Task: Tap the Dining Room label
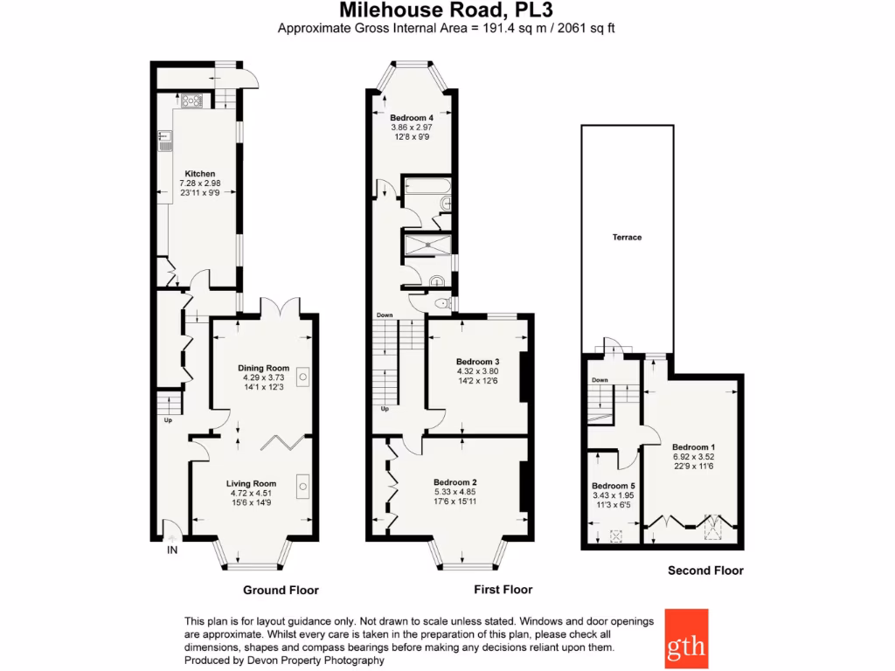pyautogui.click(x=264, y=368)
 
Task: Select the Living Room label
pyautogui.click(x=251, y=483)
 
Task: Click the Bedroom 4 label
pyautogui.click(x=412, y=118)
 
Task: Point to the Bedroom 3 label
pyautogui.click(x=477, y=362)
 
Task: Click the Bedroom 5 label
pyautogui.click(x=614, y=487)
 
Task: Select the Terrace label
pyautogui.click(x=627, y=237)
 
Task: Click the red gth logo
pyautogui.click(x=686, y=638)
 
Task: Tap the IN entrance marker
pyautogui.click(x=172, y=550)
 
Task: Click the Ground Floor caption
pyautogui.click(x=281, y=590)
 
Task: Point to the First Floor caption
pyautogui.click(x=503, y=590)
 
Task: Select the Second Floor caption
pyautogui.click(x=705, y=571)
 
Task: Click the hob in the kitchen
pyautogui.click(x=191, y=100)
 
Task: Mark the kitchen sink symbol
pyautogui.click(x=164, y=140)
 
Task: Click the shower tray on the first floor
pyautogui.click(x=427, y=244)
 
